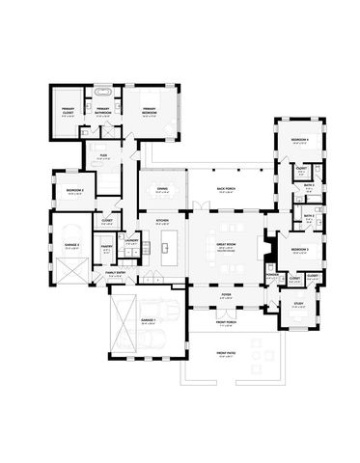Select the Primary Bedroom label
pos(150,110)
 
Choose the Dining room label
pos(160,191)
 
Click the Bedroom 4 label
pos(299,140)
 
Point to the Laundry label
pos(129,255)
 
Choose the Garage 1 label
pos(148,321)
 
